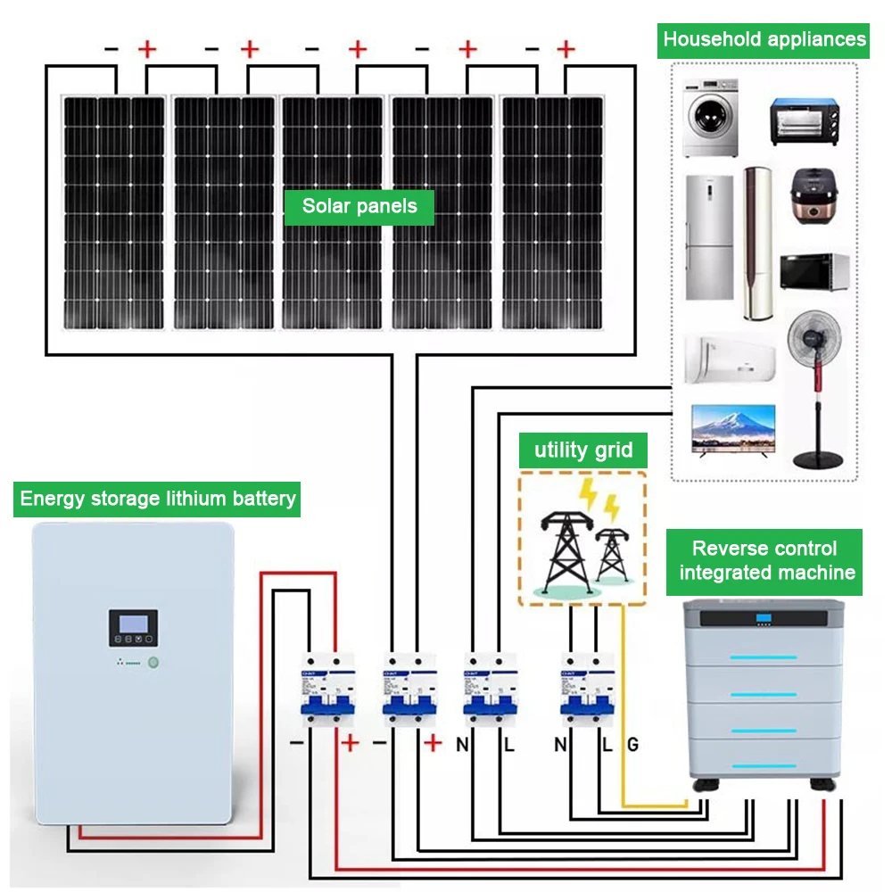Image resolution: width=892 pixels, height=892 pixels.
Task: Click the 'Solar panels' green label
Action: point(359,207)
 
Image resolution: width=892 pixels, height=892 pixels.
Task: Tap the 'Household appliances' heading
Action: point(764,39)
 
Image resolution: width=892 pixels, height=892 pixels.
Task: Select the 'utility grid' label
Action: point(583,450)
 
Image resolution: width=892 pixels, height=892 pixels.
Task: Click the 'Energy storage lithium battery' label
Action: point(158,498)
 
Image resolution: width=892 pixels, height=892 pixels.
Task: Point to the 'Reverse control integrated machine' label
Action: point(764,561)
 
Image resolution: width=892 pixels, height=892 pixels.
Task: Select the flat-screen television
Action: point(733,431)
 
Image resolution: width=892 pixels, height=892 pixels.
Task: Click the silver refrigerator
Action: point(709,236)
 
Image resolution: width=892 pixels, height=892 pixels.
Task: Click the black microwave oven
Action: point(814,272)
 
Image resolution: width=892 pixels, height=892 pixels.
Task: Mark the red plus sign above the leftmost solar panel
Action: point(148,48)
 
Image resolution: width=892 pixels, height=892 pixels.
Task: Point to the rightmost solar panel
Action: point(553,212)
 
